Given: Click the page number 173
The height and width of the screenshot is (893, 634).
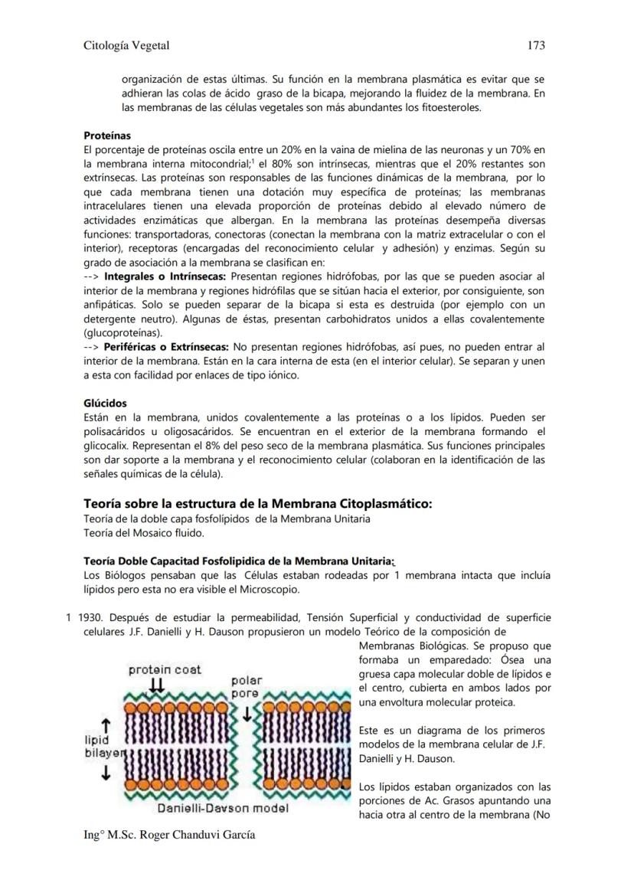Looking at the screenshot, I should pyautogui.click(x=536, y=46).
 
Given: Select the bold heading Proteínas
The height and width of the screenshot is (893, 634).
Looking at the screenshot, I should pyautogui.click(x=107, y=136).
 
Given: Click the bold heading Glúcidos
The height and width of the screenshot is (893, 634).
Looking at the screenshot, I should pyautogui.click(x=105, y=403).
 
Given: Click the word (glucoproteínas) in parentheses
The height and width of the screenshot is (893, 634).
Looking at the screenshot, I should pyautogui.click(x=123, y=333).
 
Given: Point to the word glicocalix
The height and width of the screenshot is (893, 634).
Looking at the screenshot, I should pyautogui.click(x=107, y=446).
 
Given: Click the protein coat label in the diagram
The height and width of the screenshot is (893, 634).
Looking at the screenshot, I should pyautogui.click(x=165, y=669).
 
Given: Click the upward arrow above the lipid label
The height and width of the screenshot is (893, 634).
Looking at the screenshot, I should pyautogui.click(x=106, y=725).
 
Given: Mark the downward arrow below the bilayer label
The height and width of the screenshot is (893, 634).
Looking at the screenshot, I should pyautogui.click(x=106, y=774).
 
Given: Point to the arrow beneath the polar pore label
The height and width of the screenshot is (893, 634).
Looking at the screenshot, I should pyautogui.click(x=247, y=714).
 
